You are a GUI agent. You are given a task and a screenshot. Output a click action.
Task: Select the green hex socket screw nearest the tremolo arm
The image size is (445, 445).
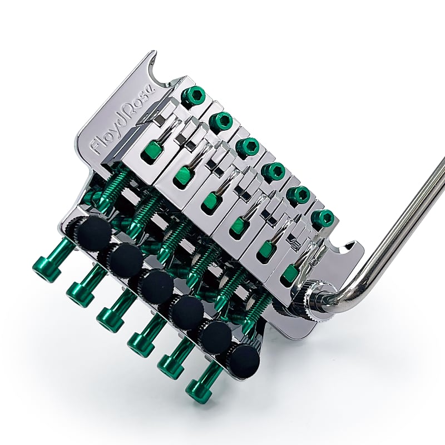(x=323, y=217)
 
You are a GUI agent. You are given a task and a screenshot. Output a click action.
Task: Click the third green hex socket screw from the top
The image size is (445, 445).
(x=248, y=146)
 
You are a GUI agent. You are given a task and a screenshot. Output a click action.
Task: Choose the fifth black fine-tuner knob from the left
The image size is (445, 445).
(x=216, y=335)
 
